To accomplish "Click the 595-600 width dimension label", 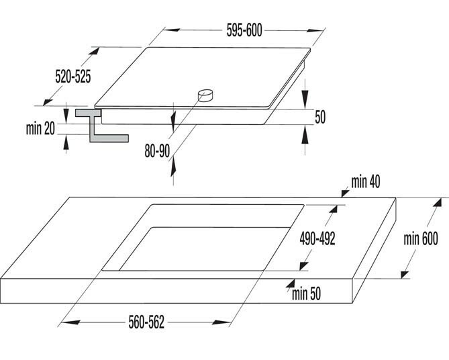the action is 244,30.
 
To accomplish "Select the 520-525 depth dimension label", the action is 73,77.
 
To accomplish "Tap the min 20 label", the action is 40,129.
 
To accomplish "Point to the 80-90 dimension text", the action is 157,151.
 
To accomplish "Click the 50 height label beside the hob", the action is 320,117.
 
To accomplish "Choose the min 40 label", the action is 366,182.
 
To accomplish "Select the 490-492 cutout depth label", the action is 317,238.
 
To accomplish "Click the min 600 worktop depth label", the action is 421,238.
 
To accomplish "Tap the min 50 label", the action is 306,294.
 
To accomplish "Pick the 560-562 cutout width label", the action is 146,322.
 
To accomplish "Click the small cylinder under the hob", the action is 205,95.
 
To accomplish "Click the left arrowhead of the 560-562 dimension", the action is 70,322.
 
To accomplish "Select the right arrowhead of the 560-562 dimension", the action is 221,322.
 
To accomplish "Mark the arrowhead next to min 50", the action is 291,283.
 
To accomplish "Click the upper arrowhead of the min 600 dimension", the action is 437,203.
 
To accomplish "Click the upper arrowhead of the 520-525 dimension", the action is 94,51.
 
